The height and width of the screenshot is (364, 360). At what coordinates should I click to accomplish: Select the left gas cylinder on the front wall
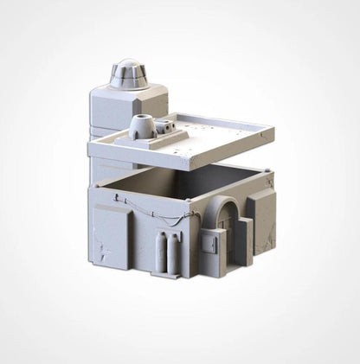[x=160, y=252]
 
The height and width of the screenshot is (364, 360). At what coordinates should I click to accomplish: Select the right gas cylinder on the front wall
[x=175, y=252]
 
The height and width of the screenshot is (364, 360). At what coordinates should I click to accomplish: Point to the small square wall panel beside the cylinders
[x=209, y=246]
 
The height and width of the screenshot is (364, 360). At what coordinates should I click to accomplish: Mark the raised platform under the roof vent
[x=145, y=133]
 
